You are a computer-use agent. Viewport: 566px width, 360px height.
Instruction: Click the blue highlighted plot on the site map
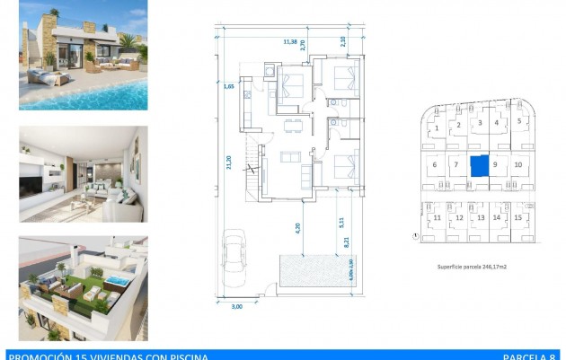[x=480, y=165]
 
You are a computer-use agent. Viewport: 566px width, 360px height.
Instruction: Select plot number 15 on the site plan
[x=518, y=217]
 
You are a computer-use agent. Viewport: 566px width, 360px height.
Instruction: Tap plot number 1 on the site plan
[x=437, y=128]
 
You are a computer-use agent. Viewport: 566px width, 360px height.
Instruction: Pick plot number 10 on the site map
[x=518, y=165]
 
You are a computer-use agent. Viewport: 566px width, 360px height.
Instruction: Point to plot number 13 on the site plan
[x=480, y=217]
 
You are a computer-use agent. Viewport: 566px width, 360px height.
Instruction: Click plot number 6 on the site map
[x=435, y=165]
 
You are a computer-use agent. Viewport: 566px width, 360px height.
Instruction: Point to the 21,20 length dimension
[x=230, y=162]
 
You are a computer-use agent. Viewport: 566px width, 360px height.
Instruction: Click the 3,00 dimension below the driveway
[x=237, y=307]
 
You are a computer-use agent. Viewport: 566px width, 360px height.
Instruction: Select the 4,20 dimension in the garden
[x=297, y=228]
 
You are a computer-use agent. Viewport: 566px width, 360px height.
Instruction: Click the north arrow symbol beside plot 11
[x=415, y=238]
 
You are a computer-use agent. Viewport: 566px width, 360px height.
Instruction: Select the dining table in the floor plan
[x=289, y=125]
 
